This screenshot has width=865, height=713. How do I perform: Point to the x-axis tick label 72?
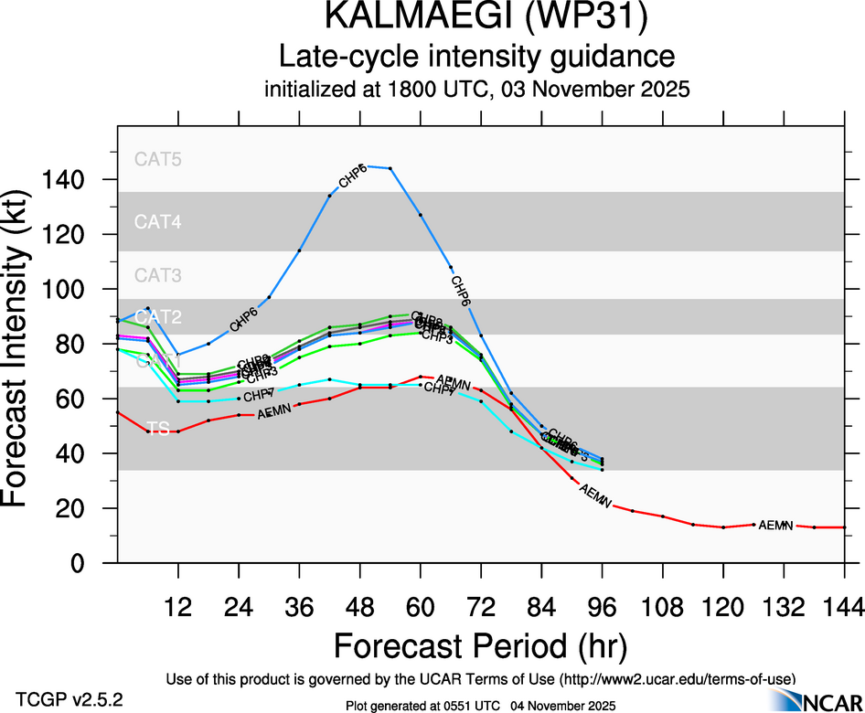tap(480, 606)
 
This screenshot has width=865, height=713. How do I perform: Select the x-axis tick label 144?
tap(843, 606)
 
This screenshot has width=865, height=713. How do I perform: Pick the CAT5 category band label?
tap(158, 158)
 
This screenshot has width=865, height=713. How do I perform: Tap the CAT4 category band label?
tap(158, 221)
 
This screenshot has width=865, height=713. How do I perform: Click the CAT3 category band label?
tap(158, 275)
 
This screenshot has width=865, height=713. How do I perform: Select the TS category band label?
tap(158, 428)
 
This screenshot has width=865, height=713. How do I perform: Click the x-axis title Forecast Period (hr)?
tap(480, 646)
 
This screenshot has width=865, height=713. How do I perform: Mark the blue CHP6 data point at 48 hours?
tap(360, 166)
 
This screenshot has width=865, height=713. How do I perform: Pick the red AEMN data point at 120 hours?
tap(722, 527)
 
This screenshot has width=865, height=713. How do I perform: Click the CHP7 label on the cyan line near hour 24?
tap(259, 395)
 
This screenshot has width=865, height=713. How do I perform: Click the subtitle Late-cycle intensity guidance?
tap(476, 57)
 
